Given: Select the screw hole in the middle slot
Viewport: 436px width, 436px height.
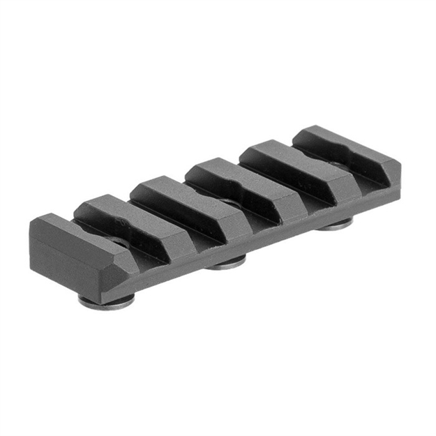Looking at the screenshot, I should tap(225, 200).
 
